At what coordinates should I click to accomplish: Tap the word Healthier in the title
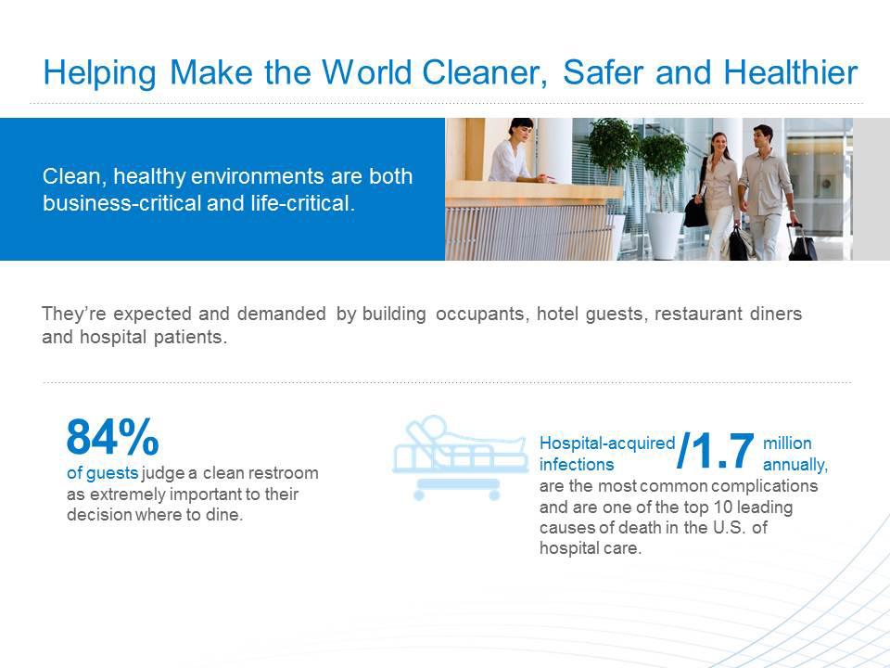click(790, 72)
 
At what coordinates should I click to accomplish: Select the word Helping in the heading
click(99, 73)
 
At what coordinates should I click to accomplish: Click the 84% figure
click(112, 437)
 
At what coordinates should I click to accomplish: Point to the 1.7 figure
click(717, 451)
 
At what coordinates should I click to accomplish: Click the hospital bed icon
click(459, 457)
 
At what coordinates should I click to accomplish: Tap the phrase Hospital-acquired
click(606, 443)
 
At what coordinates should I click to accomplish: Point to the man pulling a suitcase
click(767, 190)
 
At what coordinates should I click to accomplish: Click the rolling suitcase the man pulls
click(802, 243)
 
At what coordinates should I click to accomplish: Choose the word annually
click(795, 465)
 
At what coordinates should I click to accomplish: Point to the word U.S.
click(730, 527)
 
